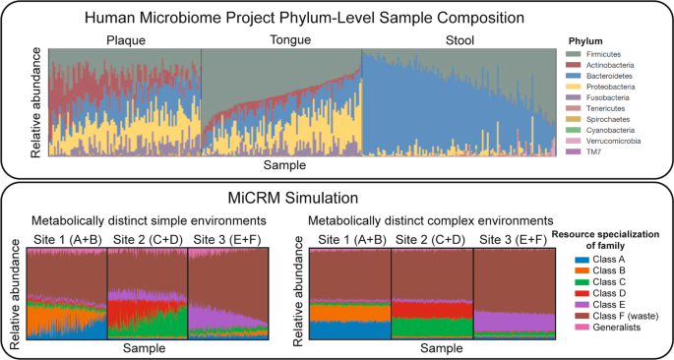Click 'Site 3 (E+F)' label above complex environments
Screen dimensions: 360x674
pyautogui.click(x=515, y=239)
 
